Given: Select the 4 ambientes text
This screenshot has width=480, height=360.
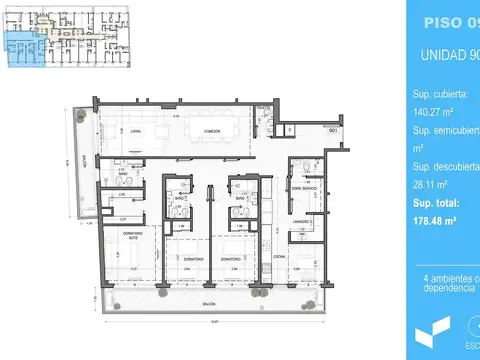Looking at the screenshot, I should tap(450, 277).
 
